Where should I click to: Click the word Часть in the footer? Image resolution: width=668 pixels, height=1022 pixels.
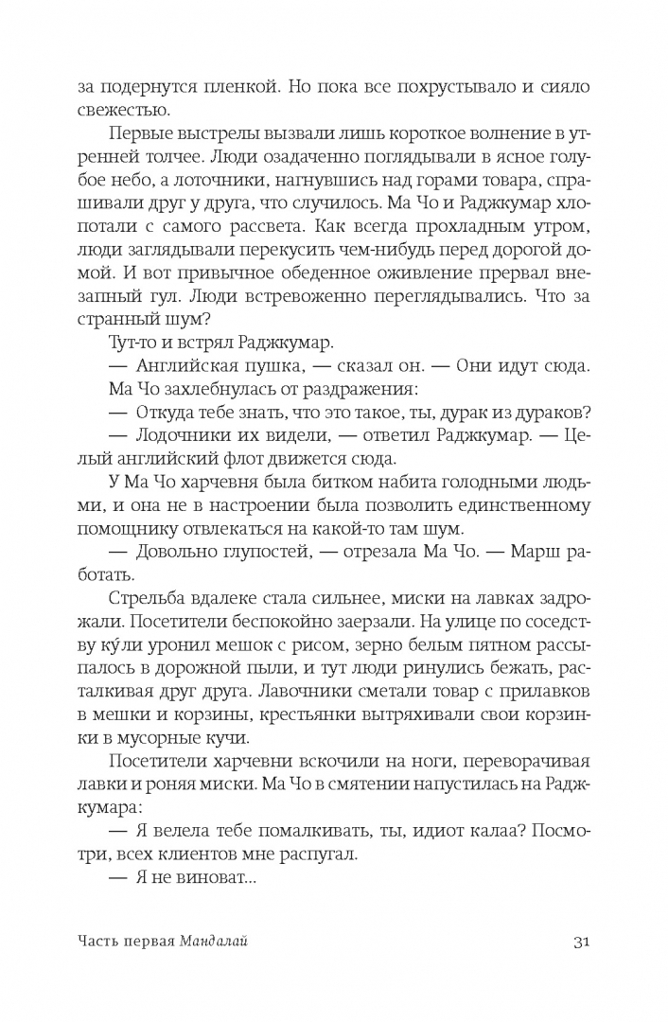click(x=100, y=943)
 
